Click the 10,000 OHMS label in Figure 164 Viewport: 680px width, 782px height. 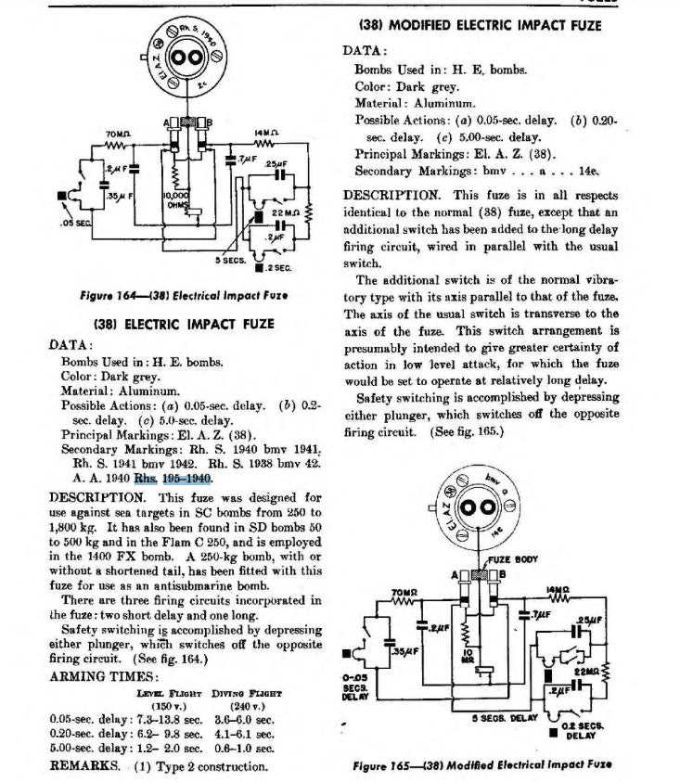(x=175, y=201)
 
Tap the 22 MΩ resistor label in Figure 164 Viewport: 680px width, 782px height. (x=283, y=214)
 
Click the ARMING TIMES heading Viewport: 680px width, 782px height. (x=96, y=676)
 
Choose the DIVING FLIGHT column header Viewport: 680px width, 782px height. (x=248, y=692)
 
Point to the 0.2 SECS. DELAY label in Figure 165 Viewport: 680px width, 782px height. (x=584, y=729)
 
